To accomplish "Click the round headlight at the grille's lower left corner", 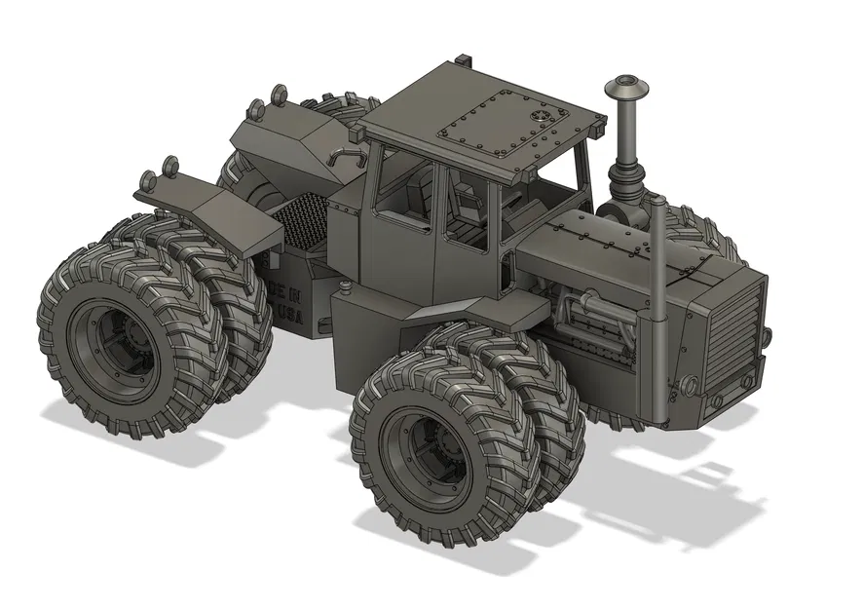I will coord(692,383).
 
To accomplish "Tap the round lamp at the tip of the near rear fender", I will coord(149,179).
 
